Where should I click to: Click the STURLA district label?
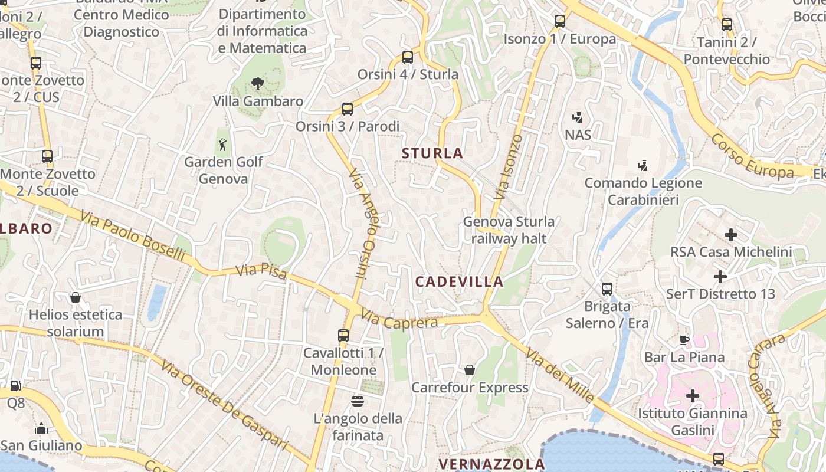[x=432, y=153]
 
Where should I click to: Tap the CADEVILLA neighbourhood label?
[x=460, y=281]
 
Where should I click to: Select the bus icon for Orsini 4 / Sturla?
[x=408, y=57]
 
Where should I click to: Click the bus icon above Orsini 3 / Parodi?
[x=348, y=109]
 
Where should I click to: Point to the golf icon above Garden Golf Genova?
[x=222, y=145]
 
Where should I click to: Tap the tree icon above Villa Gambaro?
[x=257, y=84]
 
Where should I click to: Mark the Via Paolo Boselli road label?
[x=133, y=237]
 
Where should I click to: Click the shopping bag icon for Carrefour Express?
[x=470, y=370]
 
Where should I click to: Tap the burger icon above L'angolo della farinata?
[x=358, y=401]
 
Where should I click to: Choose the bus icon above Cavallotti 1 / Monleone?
[x=343, y=336]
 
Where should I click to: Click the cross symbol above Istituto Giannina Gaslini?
[x=693, y=395]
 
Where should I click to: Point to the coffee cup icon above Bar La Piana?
[x=684, y=340]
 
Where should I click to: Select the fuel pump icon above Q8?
[x=16, y=386]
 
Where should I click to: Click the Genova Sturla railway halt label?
[x=509, y=230]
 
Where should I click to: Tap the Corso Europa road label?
[x=752, y=156]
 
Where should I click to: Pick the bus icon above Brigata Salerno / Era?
[x=607, y=289]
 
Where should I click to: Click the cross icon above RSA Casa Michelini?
[x=731, y=235]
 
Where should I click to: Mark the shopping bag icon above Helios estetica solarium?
[x=76, y=297]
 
